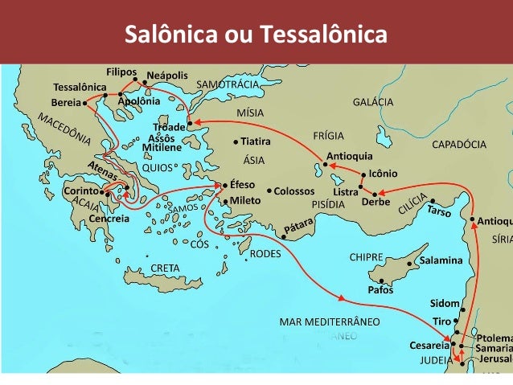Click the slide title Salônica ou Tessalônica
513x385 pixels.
pyautogui.click(x=256, y=35)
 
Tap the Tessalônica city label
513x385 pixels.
pyautogui.click(x=80, y=87)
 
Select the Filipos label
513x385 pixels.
pyautogui.click(x=122, y=71)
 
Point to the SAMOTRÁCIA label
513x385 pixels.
pyautogui.click(x=228, y=84)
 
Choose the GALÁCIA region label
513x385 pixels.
pyautogui.click(x=373, y=103)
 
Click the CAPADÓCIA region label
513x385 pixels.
pyautogui.click(x=459, y=145)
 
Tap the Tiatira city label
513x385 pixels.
pyautogui.click(x=255, y=141)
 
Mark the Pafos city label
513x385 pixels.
pyautogui.click(x=380, y=289)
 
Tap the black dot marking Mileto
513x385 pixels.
pyautogui.click(x=226, y=200)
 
